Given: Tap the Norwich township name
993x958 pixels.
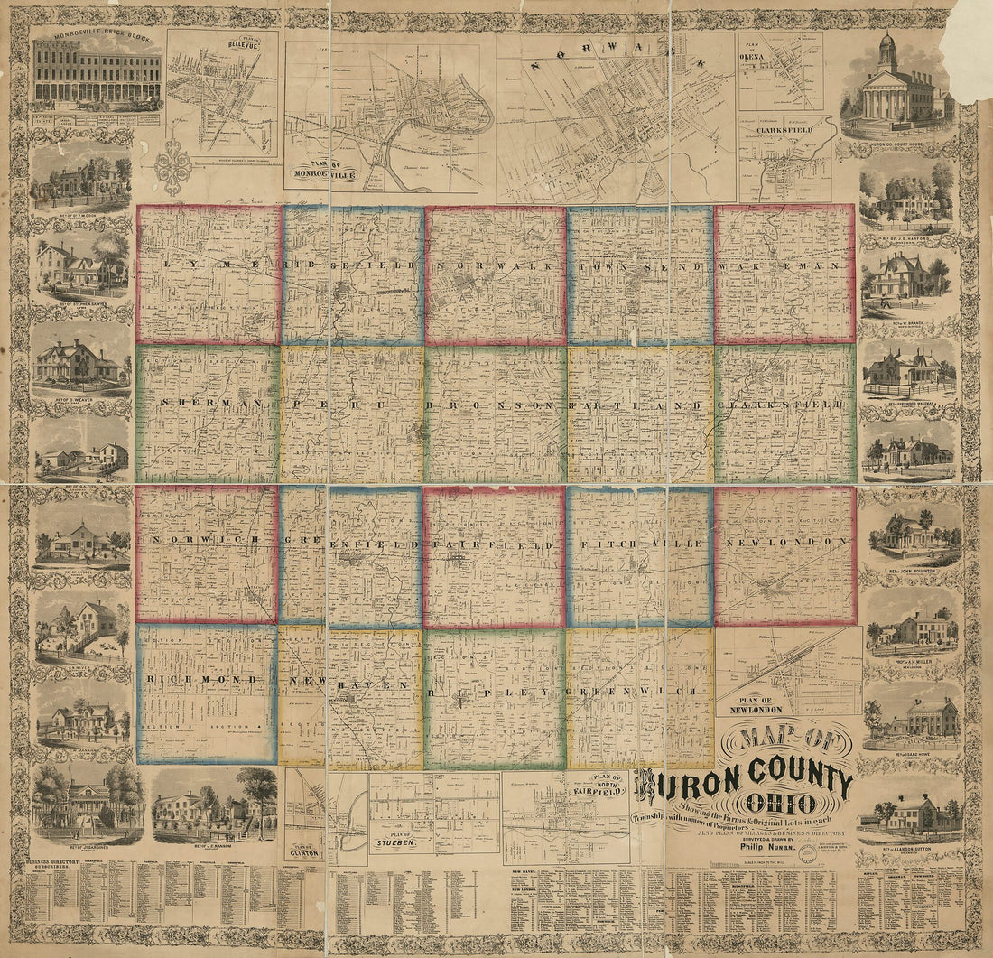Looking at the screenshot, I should [x=204, y=539].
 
